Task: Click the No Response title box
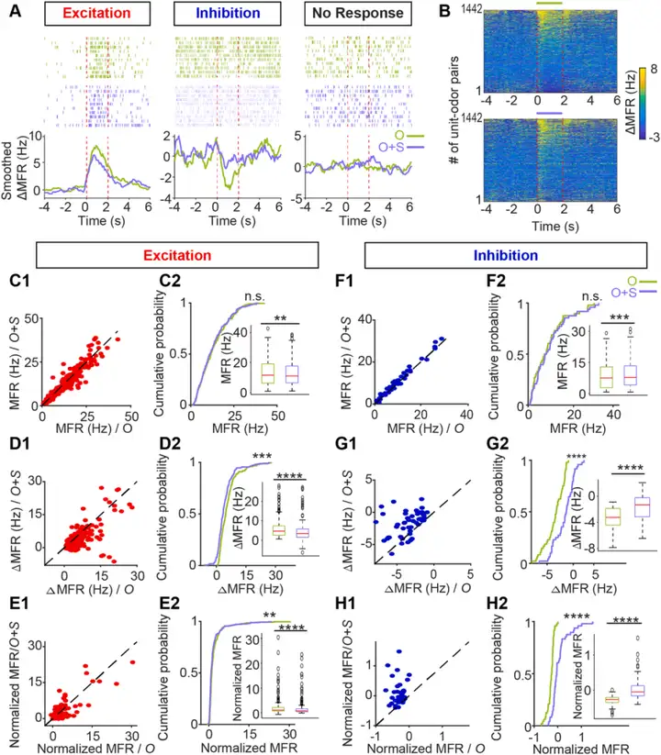tap(354, 14)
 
